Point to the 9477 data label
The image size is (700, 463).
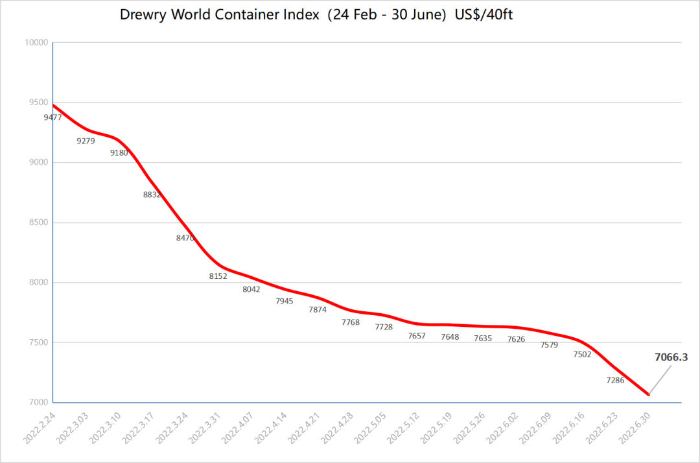click(52, 117)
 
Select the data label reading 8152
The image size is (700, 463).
click(218, 276)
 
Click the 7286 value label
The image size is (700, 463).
click(615, 381)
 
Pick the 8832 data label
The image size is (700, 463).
click(152, 195)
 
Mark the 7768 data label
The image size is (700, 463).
click(351, 322)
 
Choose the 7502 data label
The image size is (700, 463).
click(582, 355)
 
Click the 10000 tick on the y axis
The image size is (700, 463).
click(37, 43)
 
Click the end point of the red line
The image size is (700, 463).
click(649, 394)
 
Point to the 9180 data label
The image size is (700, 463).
click(119, 153)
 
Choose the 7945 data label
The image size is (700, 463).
click(285, 302)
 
